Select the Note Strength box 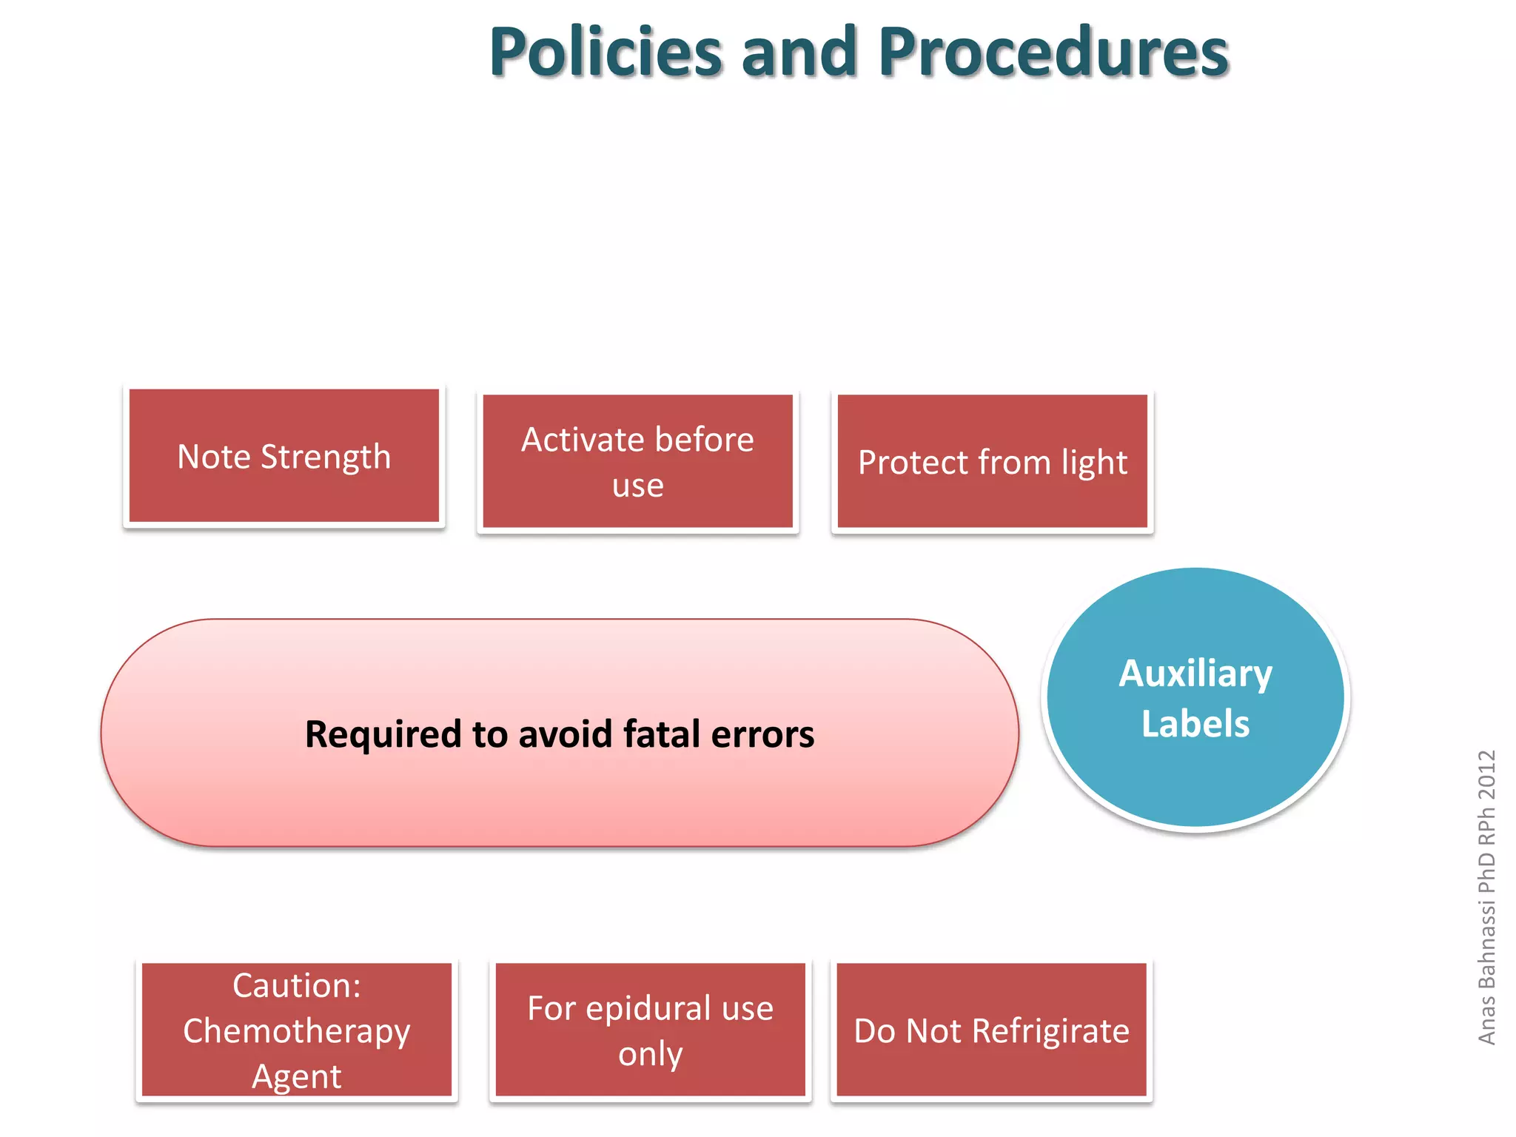(284, 456)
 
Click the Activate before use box (637, 462)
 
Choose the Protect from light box (992, 462)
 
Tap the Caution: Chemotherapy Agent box (296, 1030)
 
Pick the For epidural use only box (650, 1030)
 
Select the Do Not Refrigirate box (991, 1030)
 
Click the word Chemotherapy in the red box (296, 1031)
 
